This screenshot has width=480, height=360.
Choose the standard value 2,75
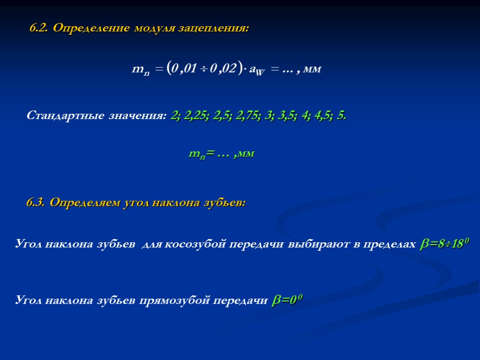pos(247,115)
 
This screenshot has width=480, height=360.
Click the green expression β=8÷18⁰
pos(444,243)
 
